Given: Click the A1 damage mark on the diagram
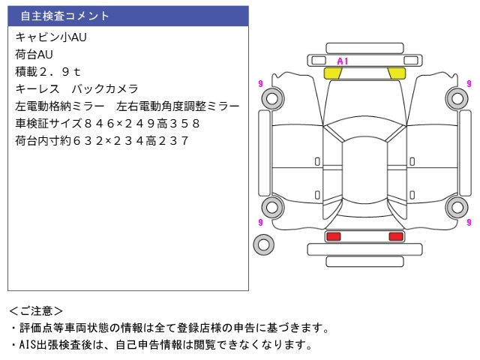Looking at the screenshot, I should coord(343,61).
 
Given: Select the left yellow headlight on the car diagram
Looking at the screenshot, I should coord(332,73).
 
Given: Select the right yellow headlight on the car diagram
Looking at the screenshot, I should coord(397,73).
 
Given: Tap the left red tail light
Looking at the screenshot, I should coord(333,236).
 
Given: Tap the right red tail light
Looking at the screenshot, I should coord(395,236).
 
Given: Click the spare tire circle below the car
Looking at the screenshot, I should coord(263,244).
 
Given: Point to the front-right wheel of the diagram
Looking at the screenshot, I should coord(457,97).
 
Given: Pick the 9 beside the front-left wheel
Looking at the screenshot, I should coord(259,83).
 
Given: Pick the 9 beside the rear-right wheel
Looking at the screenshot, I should coord(469,222).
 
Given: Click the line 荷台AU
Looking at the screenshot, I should coord(34,54).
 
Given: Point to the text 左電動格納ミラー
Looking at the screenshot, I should coord(60,106).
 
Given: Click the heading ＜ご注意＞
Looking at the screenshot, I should coord(36,310).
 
